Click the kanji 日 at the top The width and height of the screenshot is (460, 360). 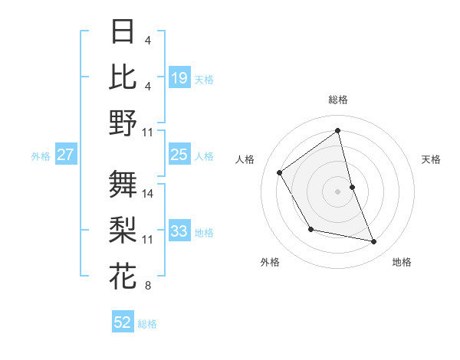[x=123, y=31]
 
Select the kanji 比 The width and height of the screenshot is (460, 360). [x=123, y=77]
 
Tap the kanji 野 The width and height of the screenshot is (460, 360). [x=123, y=123]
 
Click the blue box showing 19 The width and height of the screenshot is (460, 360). [x=179, y=78]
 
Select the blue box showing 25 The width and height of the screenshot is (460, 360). [x=179, y=155]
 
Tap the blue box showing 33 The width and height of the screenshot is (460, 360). [x=179, y=231]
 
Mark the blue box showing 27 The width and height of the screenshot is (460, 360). [x=66, y=155]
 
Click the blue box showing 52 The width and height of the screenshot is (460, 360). [x=123, y=322]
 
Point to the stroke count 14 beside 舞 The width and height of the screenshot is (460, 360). [x=148, y=193]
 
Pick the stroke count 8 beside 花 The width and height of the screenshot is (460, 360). [x=147, y=286]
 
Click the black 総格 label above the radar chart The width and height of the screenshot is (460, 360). [x=338, y=100]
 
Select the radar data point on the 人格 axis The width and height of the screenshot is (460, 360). [x=280, y=172]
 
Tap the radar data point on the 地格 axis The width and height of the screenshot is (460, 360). [x=374, y=241]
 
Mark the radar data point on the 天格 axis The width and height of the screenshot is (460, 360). [x=352, y=186]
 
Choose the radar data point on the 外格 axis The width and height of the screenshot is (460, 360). [x=310, y=229]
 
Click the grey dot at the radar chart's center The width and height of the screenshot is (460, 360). [x=338, y=191]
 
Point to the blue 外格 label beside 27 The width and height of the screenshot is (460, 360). [x=41, y=155]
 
